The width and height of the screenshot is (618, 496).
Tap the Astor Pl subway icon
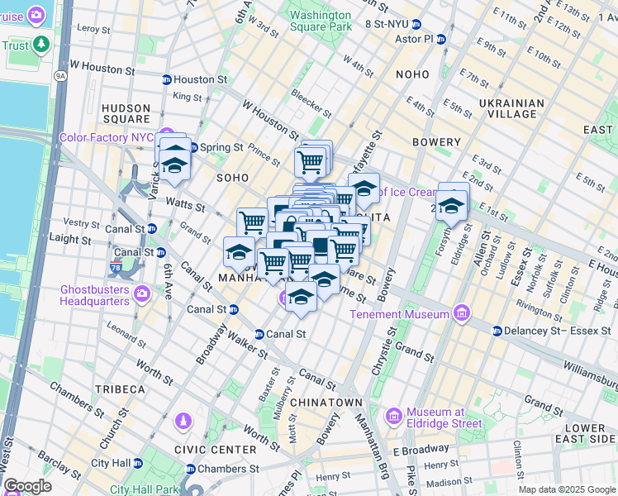[x=441, y=39]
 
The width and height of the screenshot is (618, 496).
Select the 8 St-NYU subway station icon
[x=417, y=25]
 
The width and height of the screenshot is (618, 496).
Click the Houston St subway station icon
[x=166, y=80]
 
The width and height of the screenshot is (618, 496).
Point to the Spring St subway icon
[x=193, y=148]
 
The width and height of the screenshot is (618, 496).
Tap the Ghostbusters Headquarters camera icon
[x=141, y=293]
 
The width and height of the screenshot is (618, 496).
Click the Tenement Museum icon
[x=461, y=314]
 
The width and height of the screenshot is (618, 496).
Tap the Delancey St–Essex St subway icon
[x=497, y=331]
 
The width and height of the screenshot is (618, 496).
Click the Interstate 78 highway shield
[x=115, y=267]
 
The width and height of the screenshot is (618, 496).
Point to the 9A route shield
[x=59, y=76]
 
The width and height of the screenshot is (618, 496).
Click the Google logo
[x=27, y=486]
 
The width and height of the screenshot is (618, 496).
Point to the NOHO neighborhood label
[x=412, y=74]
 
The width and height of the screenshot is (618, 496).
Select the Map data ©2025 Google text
[x=566, y=489]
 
